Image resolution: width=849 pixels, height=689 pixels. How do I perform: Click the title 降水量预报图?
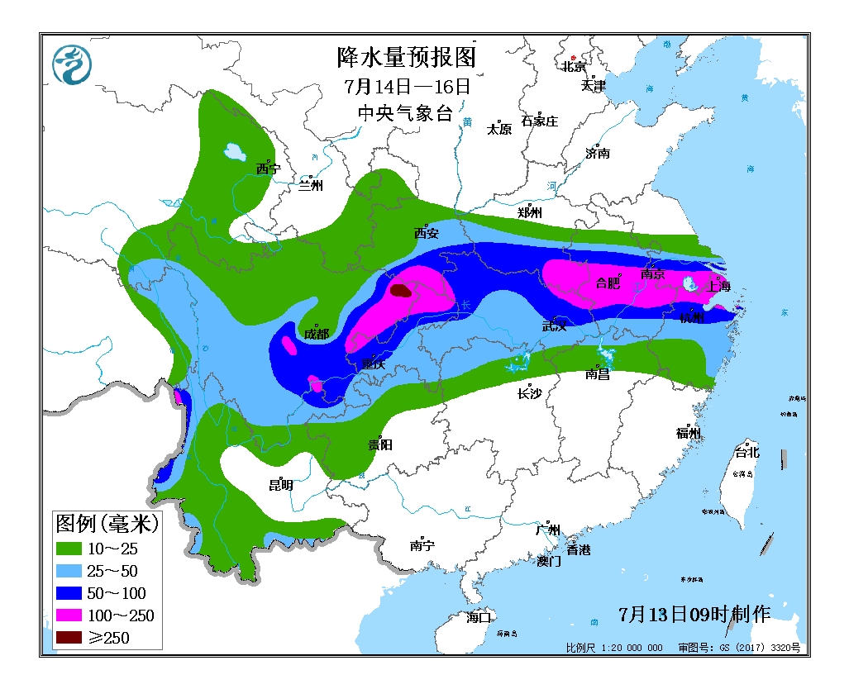click(x=408, y=58)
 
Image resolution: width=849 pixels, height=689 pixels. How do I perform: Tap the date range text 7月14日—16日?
click(x=408, y=86)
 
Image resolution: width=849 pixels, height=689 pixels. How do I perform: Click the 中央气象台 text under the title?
click(x=405, y=114)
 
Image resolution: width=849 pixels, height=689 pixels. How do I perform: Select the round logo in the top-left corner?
click(x=72, y=64)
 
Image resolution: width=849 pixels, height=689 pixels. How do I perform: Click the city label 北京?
click(x=574, y=67)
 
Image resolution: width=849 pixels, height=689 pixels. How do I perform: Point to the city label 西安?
click(x=427, y=234)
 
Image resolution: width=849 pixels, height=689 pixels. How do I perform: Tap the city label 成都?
click(x=316, y=334)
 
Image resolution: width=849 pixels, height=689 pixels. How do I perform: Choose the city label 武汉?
click(x=555, y=325)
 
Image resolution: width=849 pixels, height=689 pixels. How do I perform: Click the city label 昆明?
click(x=281, y=485)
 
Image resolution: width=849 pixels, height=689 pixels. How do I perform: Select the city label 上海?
click(x=718, y=287)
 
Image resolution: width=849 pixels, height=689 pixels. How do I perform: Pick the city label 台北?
click(x=746, y=453)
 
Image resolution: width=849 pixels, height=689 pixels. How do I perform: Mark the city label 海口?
click(x=479, y=616)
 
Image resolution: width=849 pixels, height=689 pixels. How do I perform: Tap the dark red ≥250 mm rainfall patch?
click(x=401, y=291)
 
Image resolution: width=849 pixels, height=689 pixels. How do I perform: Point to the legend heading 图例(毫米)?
click(x=107, y=523)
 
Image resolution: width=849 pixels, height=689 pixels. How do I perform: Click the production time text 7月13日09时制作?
click(x=694, y=614)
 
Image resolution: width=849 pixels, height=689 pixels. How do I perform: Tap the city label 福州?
click(x=689, y=433)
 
